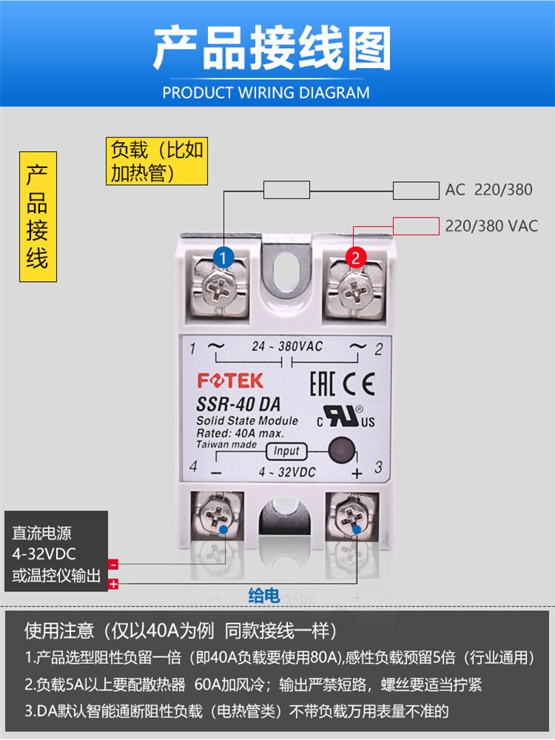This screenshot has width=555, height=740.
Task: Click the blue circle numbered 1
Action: [223, 258]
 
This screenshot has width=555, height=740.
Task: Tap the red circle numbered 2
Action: [355, 258]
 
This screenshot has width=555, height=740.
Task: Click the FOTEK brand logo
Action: [230, 381]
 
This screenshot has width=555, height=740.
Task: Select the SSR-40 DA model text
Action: [238, 405]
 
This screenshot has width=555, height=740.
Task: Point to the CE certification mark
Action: [360, 383]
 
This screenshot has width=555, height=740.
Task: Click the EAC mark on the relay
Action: [323, 383]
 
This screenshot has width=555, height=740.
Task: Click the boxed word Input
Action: [286, 451]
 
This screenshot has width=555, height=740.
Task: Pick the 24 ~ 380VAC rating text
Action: [287, 346]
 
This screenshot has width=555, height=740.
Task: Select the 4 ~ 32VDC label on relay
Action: [287, 472]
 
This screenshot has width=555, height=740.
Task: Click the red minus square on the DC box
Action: [113, 564]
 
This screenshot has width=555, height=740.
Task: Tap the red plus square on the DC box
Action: [113, 585]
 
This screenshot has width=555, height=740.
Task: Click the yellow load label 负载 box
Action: [157, 161]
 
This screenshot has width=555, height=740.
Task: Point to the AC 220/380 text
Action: [488, 189]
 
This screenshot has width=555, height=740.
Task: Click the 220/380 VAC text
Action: [491, 226]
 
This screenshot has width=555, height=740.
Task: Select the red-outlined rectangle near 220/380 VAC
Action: [416, 226]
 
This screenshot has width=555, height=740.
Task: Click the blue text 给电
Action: [264, 596]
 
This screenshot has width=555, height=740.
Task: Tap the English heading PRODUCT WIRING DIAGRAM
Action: [266, 92]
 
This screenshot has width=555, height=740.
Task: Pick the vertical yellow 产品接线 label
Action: [38, 217]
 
